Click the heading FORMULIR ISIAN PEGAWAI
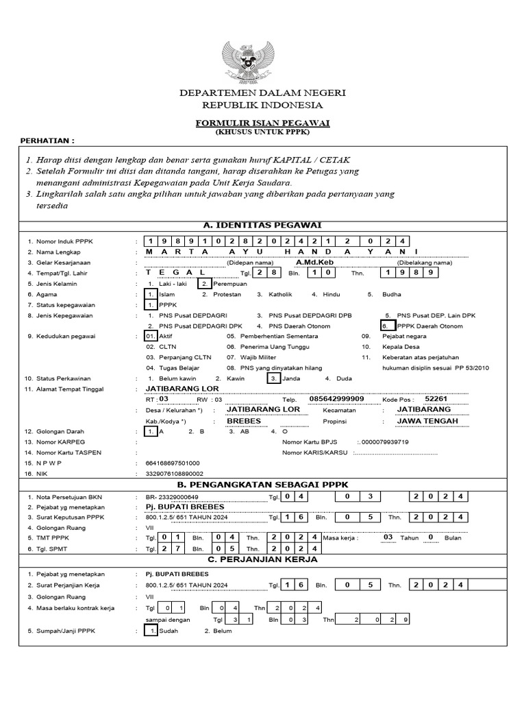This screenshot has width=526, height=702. coord(263,122)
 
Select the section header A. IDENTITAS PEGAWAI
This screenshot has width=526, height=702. coord(263,225)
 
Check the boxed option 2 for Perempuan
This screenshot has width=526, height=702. coord(203,283)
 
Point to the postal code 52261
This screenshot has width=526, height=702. coord(436,398)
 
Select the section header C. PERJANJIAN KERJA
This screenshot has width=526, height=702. coord(263,559)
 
